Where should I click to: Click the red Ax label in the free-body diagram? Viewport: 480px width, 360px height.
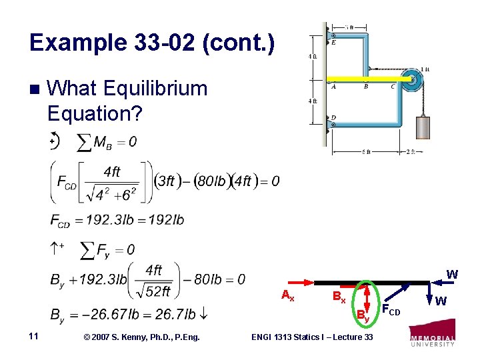pyautogui.click(x=287, y=295)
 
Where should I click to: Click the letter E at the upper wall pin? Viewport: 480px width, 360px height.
pyautogui.click(x=333, y=42)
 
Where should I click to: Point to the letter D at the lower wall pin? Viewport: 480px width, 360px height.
pyautogui.click(x=333, y=117)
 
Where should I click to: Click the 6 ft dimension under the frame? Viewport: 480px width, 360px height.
pyautogui.click(x=366, y=152)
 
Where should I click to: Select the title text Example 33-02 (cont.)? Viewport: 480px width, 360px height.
pyautogui.click(x=151, y=43)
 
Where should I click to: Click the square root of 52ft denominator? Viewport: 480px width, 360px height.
pyautogui.click(x=154, y=291)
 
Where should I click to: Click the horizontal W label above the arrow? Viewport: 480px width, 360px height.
pyautogui.click(x=451, y=274)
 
